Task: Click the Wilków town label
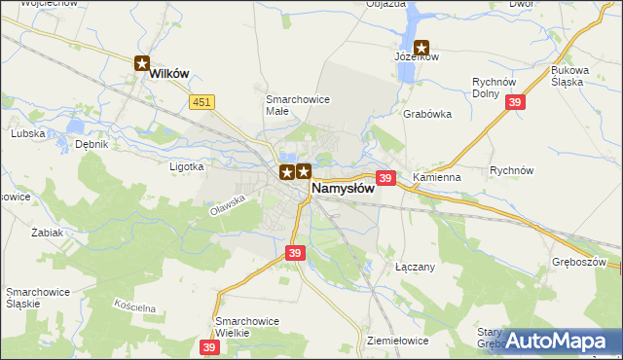click(x=166, y=85)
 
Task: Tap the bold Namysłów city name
click(x=343, y=188)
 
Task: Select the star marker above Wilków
click(x=142, y=65)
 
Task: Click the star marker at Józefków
click(x=422, y=47)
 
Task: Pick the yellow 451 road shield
click(x=202, y=101)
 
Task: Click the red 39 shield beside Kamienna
click(x=385, y=178)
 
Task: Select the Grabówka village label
click(x=427, y=113)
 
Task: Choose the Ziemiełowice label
click(x=399, y=341)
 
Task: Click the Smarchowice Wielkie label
click(x=247, y=326)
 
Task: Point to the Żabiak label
click(x=47, y=233)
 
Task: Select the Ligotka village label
click(x=186, y=166)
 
